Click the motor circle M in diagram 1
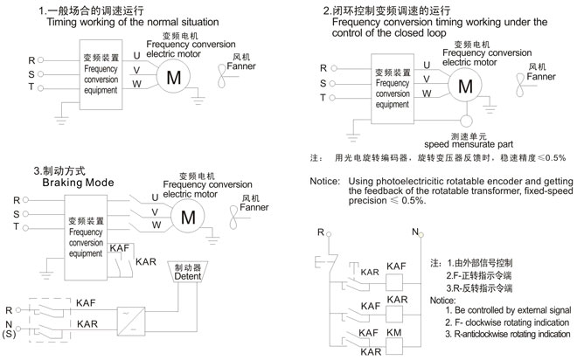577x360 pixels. point(173,76)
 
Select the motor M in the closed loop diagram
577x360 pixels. point(464,87)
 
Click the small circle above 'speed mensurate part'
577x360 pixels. point(464,121)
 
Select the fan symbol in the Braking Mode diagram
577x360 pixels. point(231,222)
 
